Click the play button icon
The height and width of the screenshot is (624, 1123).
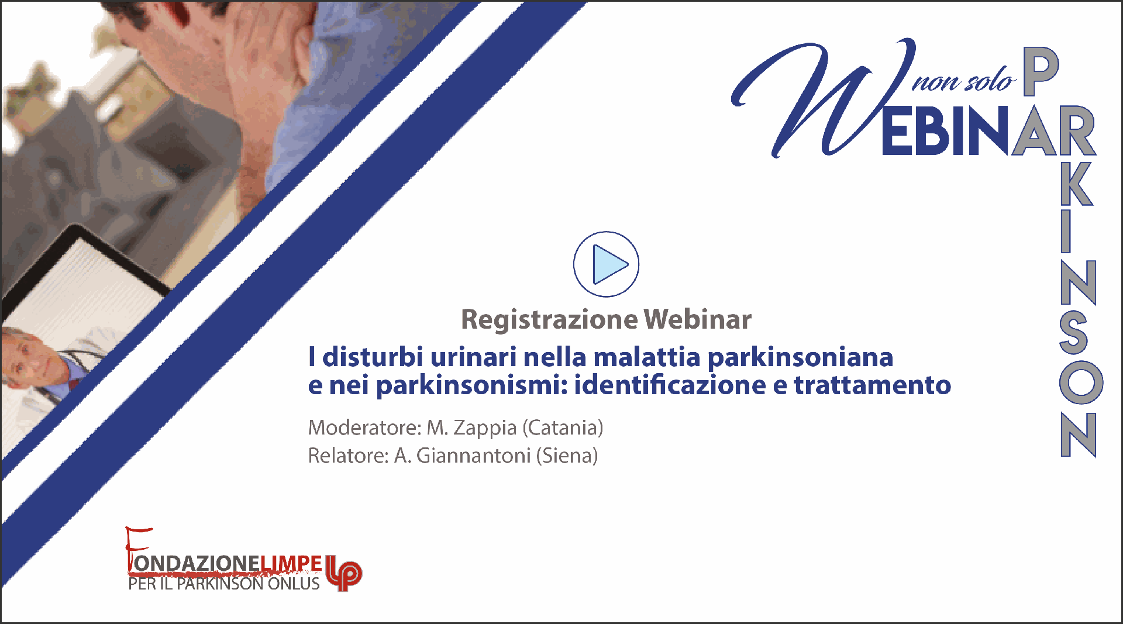[606, 264]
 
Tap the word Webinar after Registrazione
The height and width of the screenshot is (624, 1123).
[698, 319]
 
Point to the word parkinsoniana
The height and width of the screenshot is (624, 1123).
[801, 358]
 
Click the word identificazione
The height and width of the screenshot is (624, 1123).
[670, 385]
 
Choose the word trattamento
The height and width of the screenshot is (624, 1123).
[872, 385]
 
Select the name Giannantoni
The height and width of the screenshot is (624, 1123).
[473, 456]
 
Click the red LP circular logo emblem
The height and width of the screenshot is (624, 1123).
[344, 573]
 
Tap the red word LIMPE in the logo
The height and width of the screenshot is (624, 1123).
[291, 563]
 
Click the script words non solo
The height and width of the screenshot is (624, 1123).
[964, 81]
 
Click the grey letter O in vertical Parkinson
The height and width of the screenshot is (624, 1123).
[1081, 382]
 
